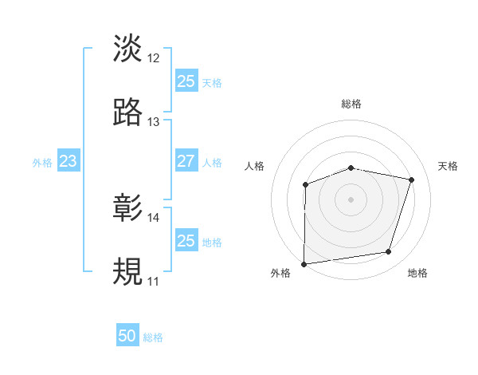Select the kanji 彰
pyautogui.click(x=128, y=208)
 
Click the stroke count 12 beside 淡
pyautogui.click(x=154, y=58)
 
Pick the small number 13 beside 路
pyautogui.click(x=154, y=122)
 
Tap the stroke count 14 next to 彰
pyautogui.click(x=154, y=218)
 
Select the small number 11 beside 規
pyautogui.click(x=154, y=282)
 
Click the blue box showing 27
pyautogui.click(x=186, y=161)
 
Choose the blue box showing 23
pyautogui.click(x=68, y=161)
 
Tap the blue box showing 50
pyautogui.click(x=127, y=337)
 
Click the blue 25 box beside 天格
pyautogui.click(x=186, y=81)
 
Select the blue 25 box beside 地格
pyautogui.click(x=186, y=241)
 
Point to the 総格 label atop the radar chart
pyautogui.click(x=351, y=104)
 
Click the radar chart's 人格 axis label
pyautogui.click(x=255, y=166)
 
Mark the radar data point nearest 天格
pyautogui.click(x=412, y=180)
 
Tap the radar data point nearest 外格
pyautogui.click(x=304, y=264)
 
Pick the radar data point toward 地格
pyautogui.click(x=389, y=252)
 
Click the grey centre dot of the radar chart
pyautogui.click(x=351, y=199)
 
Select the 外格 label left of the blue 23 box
pyautogui.click(x=42, y=162)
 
